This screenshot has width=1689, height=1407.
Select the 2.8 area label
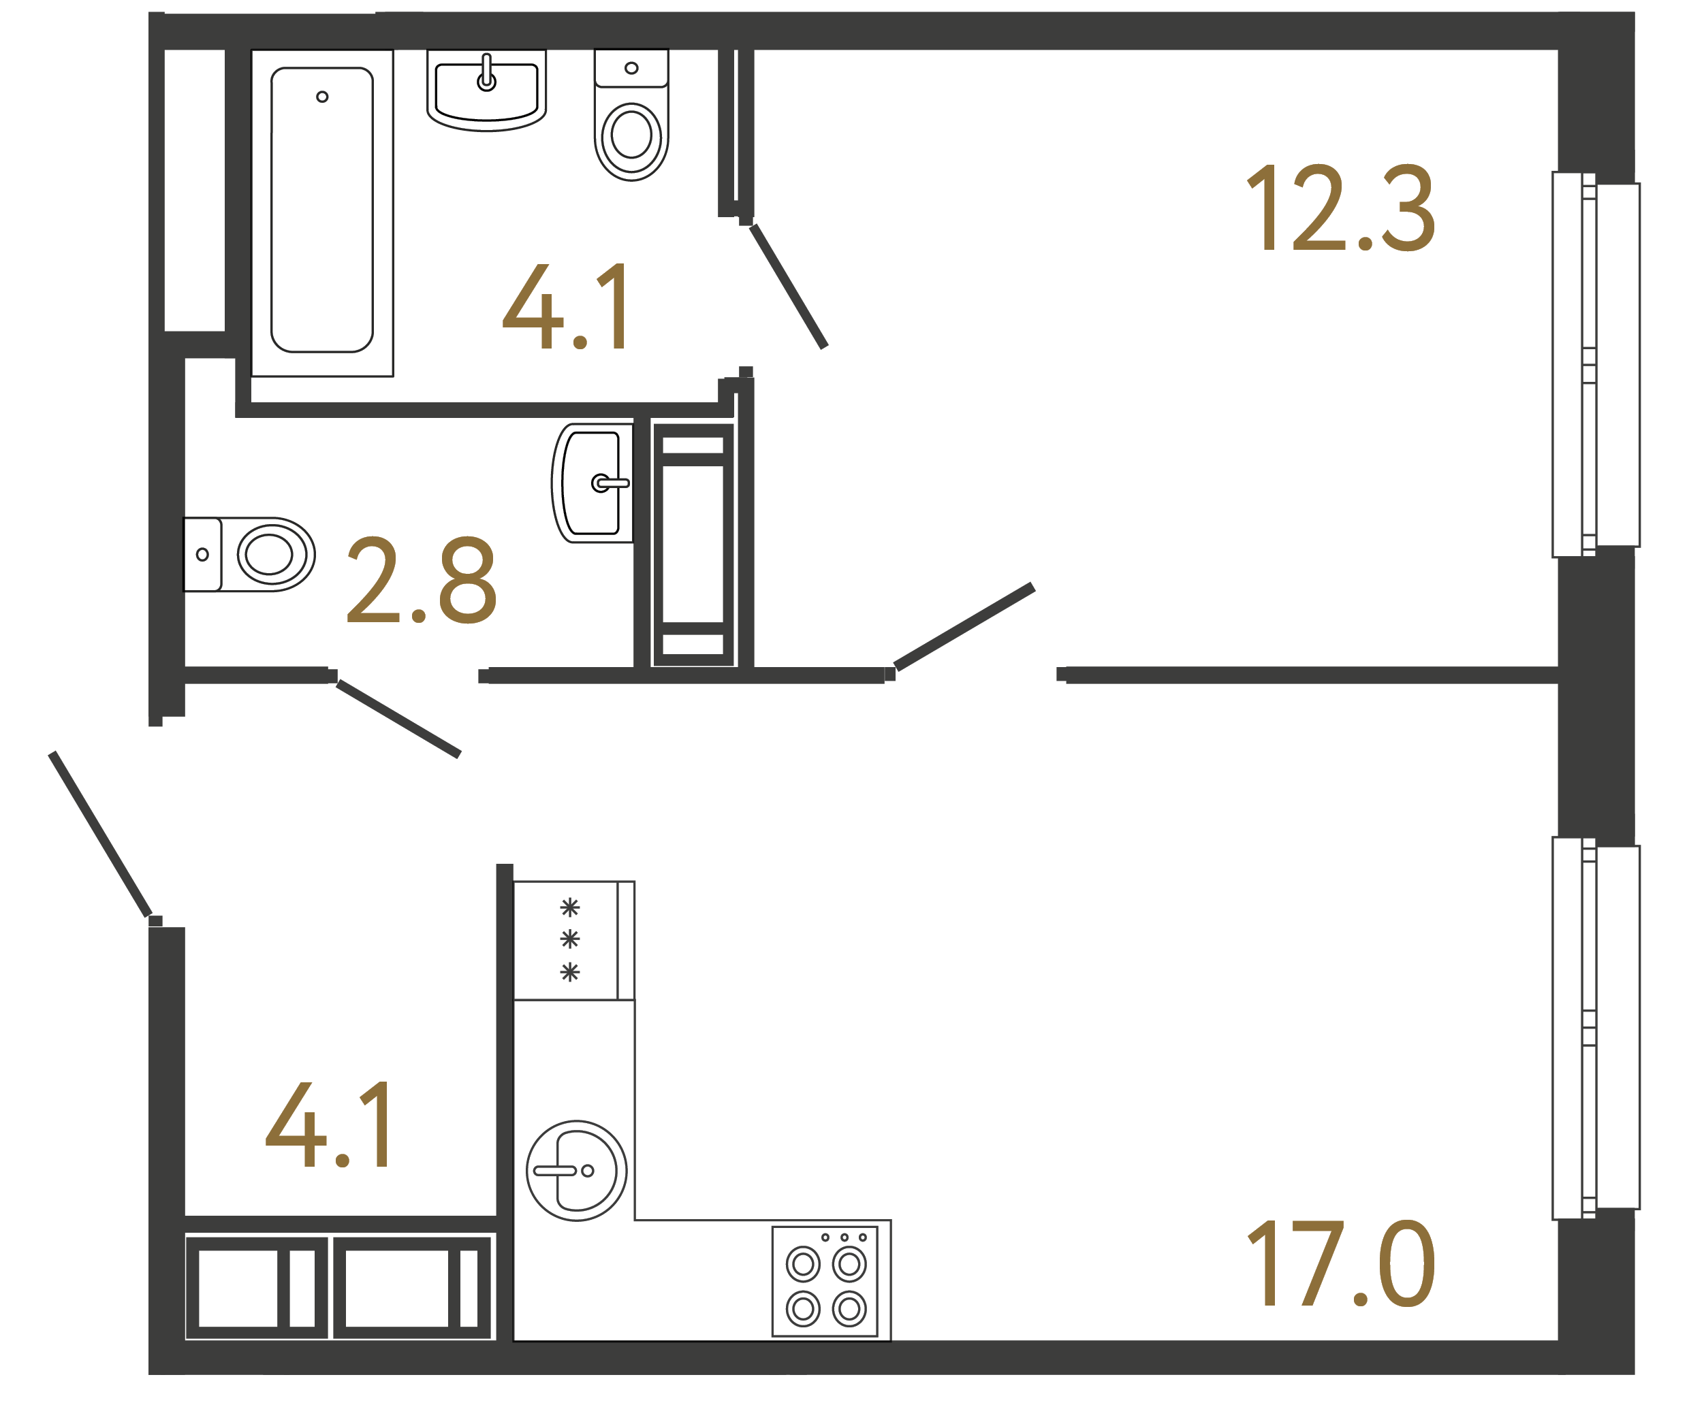pyautogui.click(x=422, y=580)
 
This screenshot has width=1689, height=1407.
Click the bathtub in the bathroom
pyautogui.click(x=321, y=210)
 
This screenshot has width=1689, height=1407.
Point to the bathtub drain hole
pyautogui.click(x=321, y=97)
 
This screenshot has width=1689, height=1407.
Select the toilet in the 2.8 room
pyautogui.click(x=249, y=554)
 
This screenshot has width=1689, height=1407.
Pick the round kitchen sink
pyautogui.click(x=576, y=1171)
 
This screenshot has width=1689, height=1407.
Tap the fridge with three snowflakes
pyautogui.click(x=573, y=941)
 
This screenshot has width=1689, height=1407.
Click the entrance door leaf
pyautogui.click(x=101, y=834)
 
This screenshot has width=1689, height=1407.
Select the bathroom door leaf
pyautogui.click(x=788, y=287)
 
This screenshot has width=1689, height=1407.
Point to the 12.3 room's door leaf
pyautogui.click(x=964, y=627)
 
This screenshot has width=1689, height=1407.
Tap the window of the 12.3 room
pyautogui.click(x=1596, y=364)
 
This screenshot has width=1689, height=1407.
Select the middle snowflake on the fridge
pyautogui.click(x=569, y=938)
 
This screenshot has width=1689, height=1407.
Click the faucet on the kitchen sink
pyautogui.click(x=556, y=1171)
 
